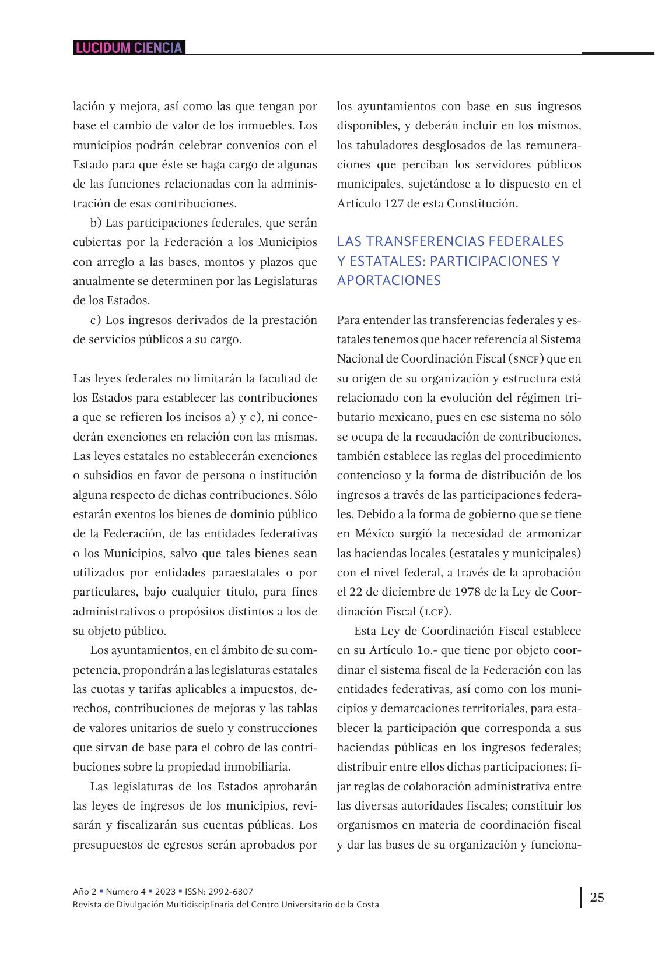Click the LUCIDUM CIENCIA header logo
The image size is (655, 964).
click(129, 48)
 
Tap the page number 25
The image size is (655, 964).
click(597, 897)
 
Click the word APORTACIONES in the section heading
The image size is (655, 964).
click(389, 280)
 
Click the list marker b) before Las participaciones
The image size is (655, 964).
click(96, 223)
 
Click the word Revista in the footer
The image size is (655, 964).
click(87, 905)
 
